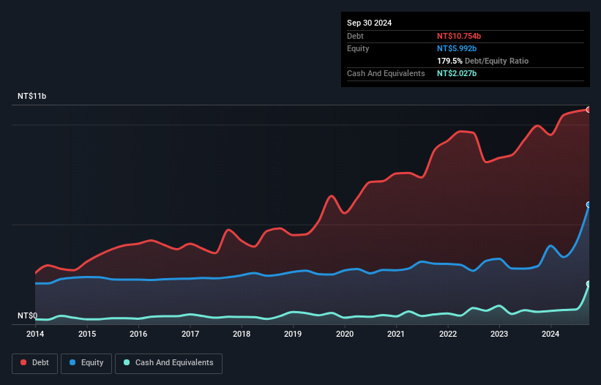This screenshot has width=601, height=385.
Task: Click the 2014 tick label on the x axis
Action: coord(35,334)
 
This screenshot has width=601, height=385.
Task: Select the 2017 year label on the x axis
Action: coord(190,334)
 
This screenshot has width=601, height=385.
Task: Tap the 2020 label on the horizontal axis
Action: coord(345,334)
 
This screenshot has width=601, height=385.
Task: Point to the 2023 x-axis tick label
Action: coord(499,334)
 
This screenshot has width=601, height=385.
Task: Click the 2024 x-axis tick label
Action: coord(551,334)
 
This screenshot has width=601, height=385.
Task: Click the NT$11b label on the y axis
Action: coord(32,97)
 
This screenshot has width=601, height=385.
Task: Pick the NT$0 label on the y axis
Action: coord(28,316)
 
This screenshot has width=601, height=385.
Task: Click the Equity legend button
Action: coord(86,363)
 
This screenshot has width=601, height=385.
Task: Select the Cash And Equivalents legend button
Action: coord(168,363)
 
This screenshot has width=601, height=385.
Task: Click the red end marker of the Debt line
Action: coord(588,110)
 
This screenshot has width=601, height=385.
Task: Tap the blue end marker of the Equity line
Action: coord(588,205)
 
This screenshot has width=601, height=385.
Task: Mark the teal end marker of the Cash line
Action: coord(588,284)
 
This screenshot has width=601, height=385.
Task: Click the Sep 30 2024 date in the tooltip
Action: coord(370,23)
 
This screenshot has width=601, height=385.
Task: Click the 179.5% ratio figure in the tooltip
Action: coord(450,61)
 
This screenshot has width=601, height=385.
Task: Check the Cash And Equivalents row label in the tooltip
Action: coord(386,74)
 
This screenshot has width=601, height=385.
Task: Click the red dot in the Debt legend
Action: coord(24,363)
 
